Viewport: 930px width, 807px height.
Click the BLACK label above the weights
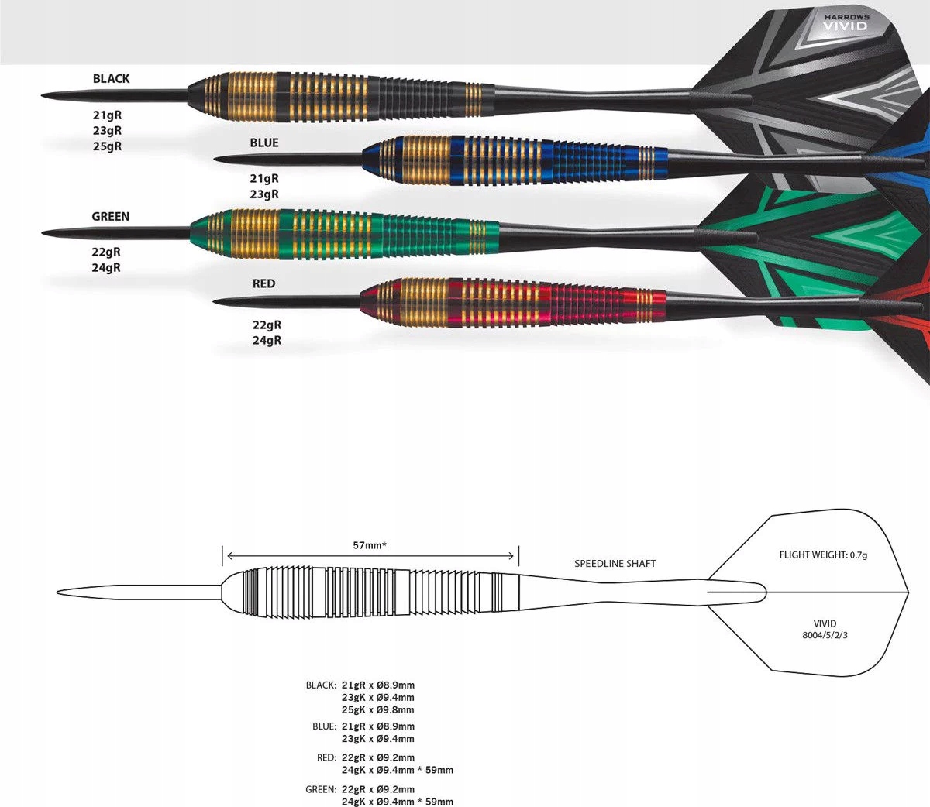pyautogui.click(x=111, y=78)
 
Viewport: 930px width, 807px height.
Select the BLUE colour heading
pyautogui.click(x=263, y=143)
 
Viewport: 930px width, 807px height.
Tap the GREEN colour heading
pyautogui.click(x=110, y=216)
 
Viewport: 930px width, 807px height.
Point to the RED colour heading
pyautogui.click(x=263, y=283)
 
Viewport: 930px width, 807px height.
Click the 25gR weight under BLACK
pyautogui.click(x=108, y=146)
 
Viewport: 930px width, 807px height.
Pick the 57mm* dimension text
pyautogui.click(x=370, y=545)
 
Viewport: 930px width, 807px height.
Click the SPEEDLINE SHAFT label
pyautogui.click(x=615, y=563)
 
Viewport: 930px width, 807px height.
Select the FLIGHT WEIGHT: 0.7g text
pyautogui.click(x=823, y=555)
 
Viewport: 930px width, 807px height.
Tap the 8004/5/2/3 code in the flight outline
pyautogui.click(x=825, y=635)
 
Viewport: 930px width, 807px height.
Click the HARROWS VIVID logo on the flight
pyautogui.click(x=846, y=22)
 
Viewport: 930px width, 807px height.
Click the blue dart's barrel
pyautogui.click(x=511, y=160)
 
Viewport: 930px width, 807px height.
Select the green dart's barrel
pyautogui.click(x=341, y=232)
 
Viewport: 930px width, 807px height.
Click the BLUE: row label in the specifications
pyautogui.click(x=324, y=726)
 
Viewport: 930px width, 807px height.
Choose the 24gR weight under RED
pyautogui.click(x=267, y=340)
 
